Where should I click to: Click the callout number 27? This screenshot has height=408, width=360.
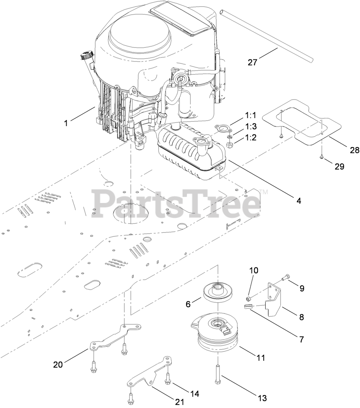click(252, 62)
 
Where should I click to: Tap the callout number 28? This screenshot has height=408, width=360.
click(355, 150)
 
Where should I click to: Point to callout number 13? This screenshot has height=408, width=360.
click(262, 398)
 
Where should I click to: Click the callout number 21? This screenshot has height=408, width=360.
click(179, 402)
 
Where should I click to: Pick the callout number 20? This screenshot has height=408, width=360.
click(58, 365)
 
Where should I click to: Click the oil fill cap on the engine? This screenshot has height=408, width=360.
click(87, 55)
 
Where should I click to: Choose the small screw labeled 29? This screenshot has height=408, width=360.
click(322, 157)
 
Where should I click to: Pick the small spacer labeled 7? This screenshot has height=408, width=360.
click(248, 307)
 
